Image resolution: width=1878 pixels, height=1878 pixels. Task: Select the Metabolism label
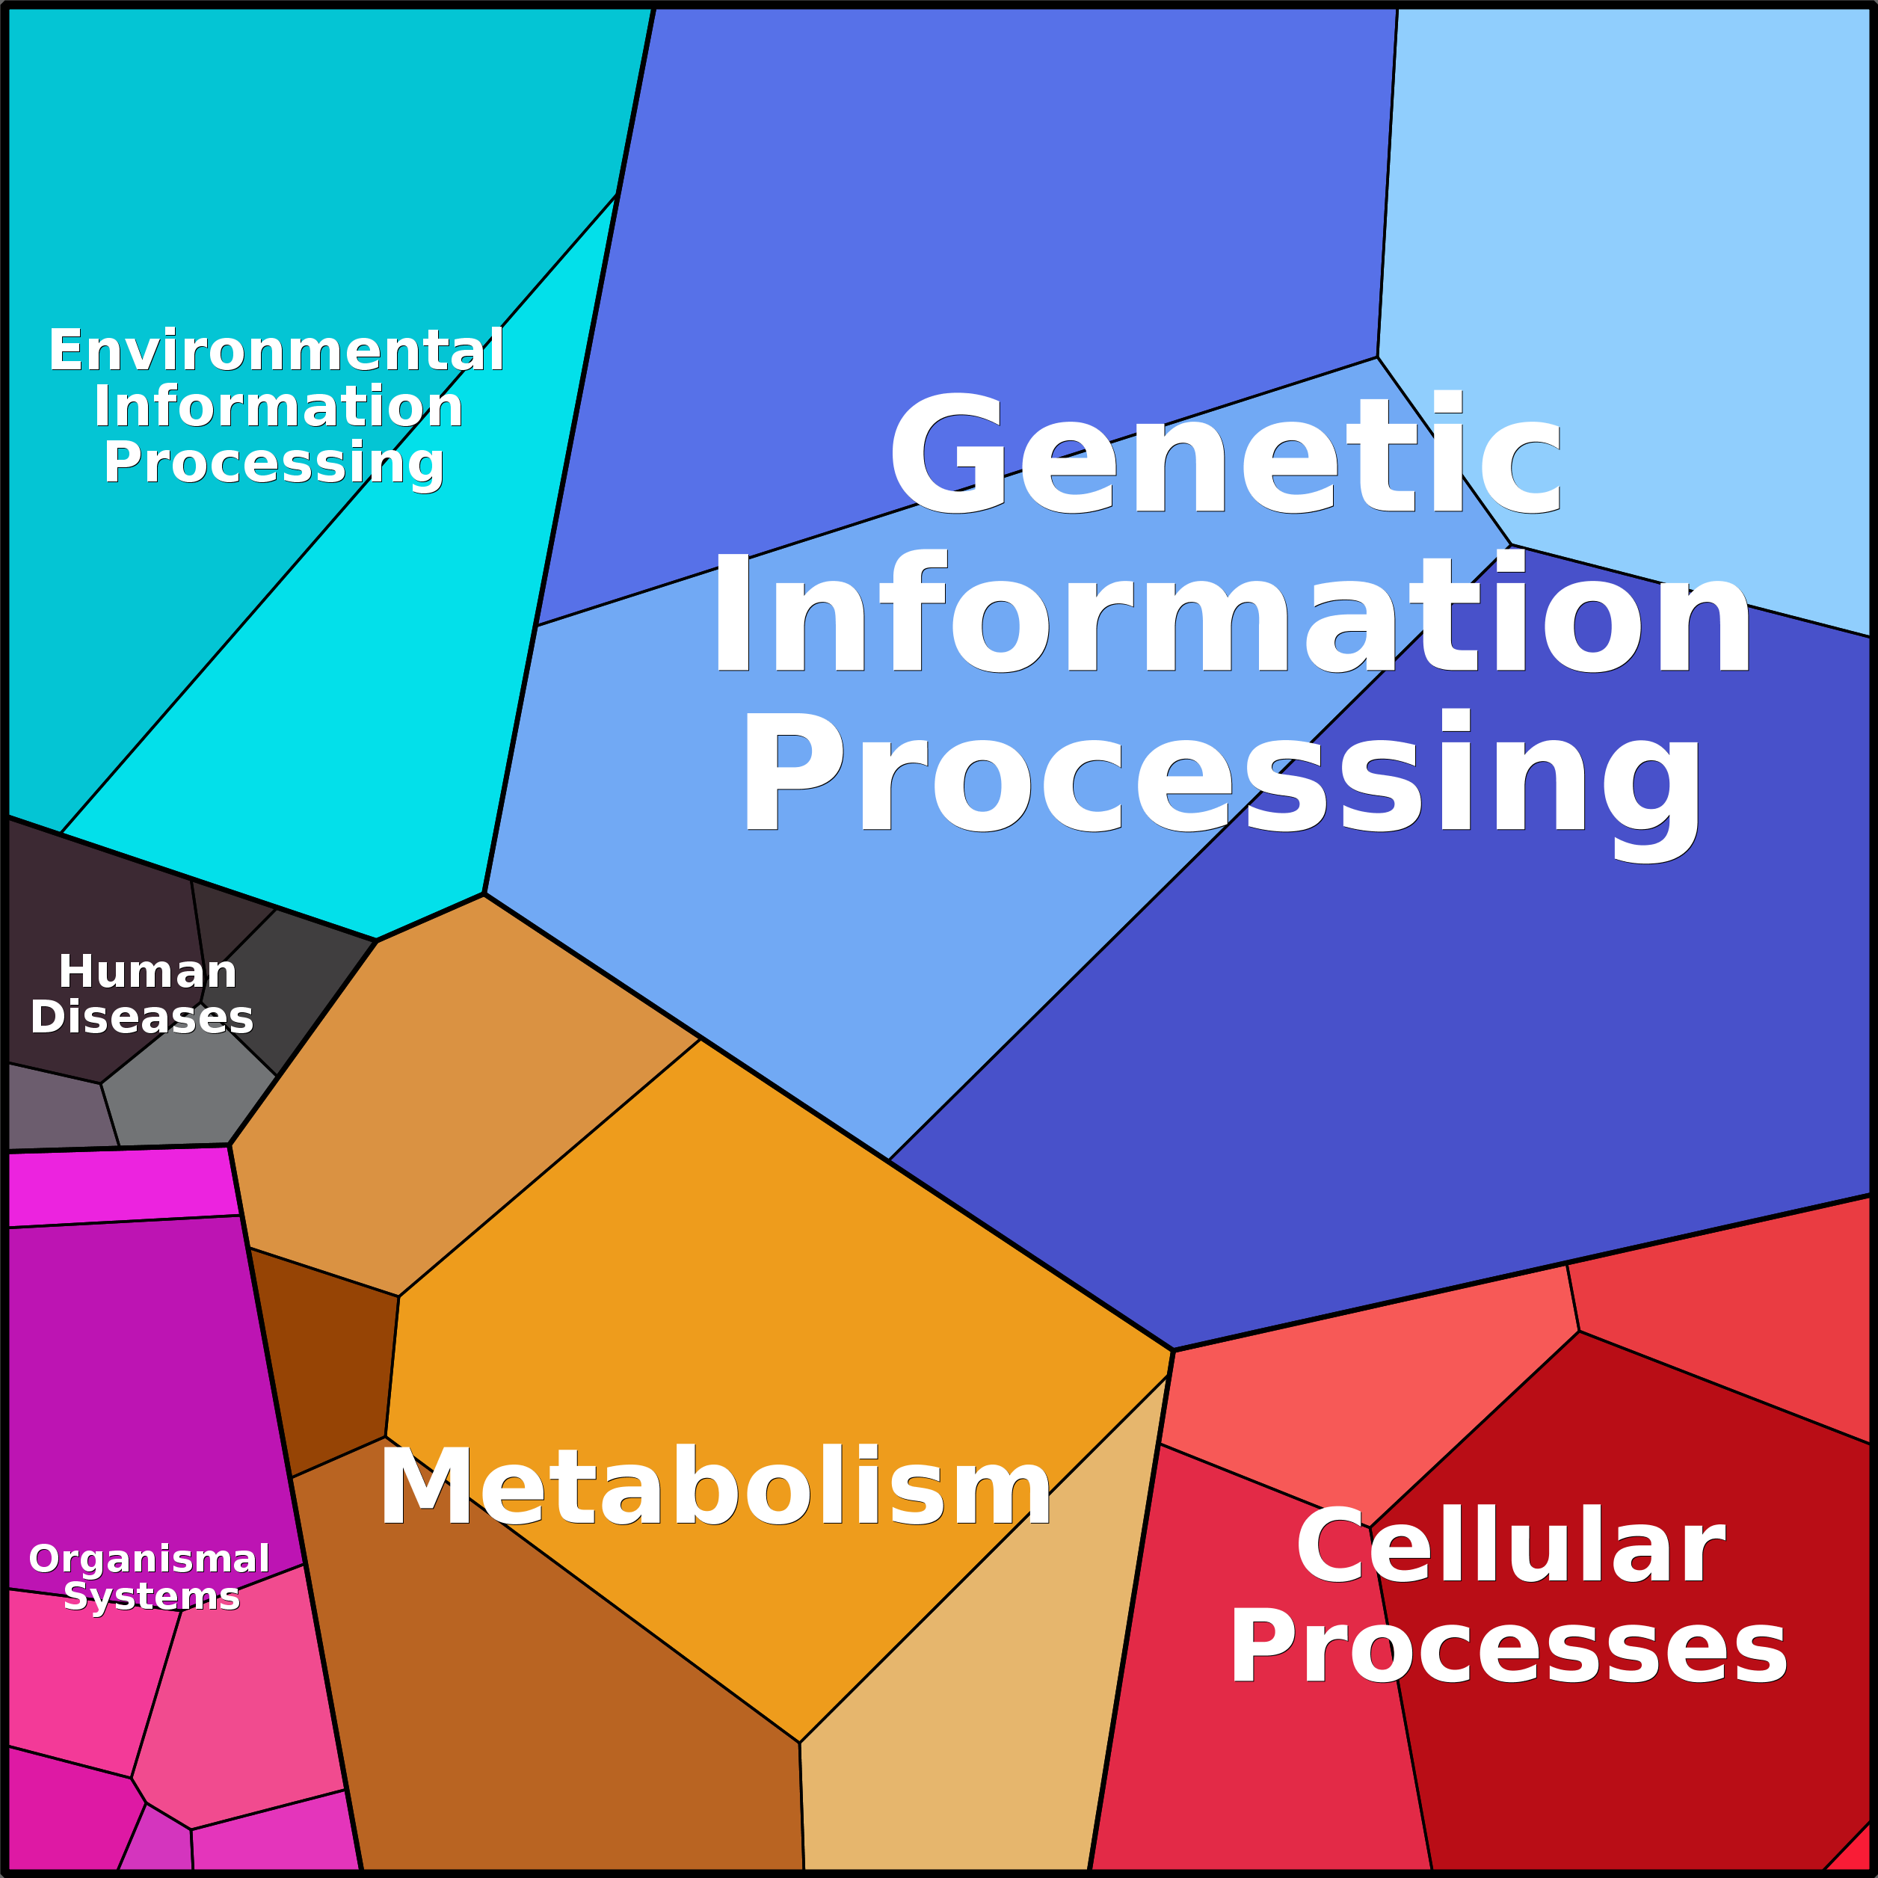pos(715,1486)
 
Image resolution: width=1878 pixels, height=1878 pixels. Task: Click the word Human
pos(148,971)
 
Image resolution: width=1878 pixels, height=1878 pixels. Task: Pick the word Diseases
pos(142,1017)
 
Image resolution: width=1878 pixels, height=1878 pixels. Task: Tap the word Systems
pos(152,1596)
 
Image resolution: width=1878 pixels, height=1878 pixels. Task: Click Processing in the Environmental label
pos(274,464)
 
